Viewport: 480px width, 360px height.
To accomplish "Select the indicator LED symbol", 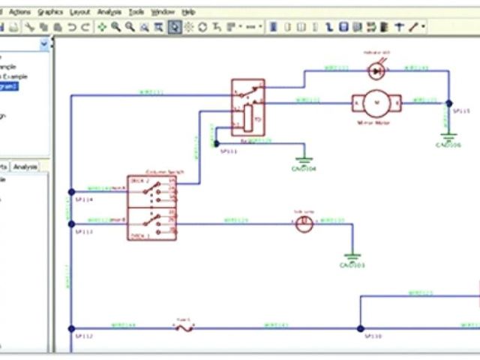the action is point(376,70).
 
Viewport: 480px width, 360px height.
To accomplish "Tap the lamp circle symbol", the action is point(303,224).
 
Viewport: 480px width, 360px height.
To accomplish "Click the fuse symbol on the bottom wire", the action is point(184,328).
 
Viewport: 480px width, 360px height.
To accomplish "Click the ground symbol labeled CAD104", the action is point(304,160).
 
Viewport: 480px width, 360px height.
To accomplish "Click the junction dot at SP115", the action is point(449,103).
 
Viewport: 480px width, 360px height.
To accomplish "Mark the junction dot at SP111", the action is point(217,142).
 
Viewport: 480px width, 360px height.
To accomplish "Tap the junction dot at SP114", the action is point(72,191).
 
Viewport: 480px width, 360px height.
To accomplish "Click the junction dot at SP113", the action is point(72,223).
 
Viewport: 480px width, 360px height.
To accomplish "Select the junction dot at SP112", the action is point(72,328).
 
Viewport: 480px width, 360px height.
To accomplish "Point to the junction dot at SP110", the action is point(360,328).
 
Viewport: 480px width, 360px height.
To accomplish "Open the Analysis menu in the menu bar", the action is point(109,13).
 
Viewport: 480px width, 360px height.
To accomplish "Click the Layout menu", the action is point(79,13).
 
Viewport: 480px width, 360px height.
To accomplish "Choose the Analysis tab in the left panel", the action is point(25,166).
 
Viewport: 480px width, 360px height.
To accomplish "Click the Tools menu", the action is point(136,13).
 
